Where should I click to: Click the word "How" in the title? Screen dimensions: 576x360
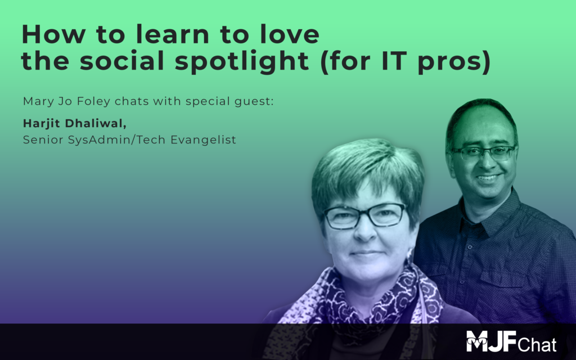pos(53,34)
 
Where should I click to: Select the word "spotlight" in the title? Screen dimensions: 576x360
pos(242,61)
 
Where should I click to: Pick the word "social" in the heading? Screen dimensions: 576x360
pos(122,61)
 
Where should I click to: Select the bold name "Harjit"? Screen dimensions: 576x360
pos(42,124)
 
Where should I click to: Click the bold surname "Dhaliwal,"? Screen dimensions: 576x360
pos(96,123)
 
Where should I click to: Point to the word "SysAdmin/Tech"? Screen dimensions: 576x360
pos(117,140)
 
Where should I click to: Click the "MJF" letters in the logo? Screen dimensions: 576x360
pos(492,341)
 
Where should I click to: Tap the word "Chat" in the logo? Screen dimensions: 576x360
pos(537,345)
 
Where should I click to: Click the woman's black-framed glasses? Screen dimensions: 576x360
pos(364,216)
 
